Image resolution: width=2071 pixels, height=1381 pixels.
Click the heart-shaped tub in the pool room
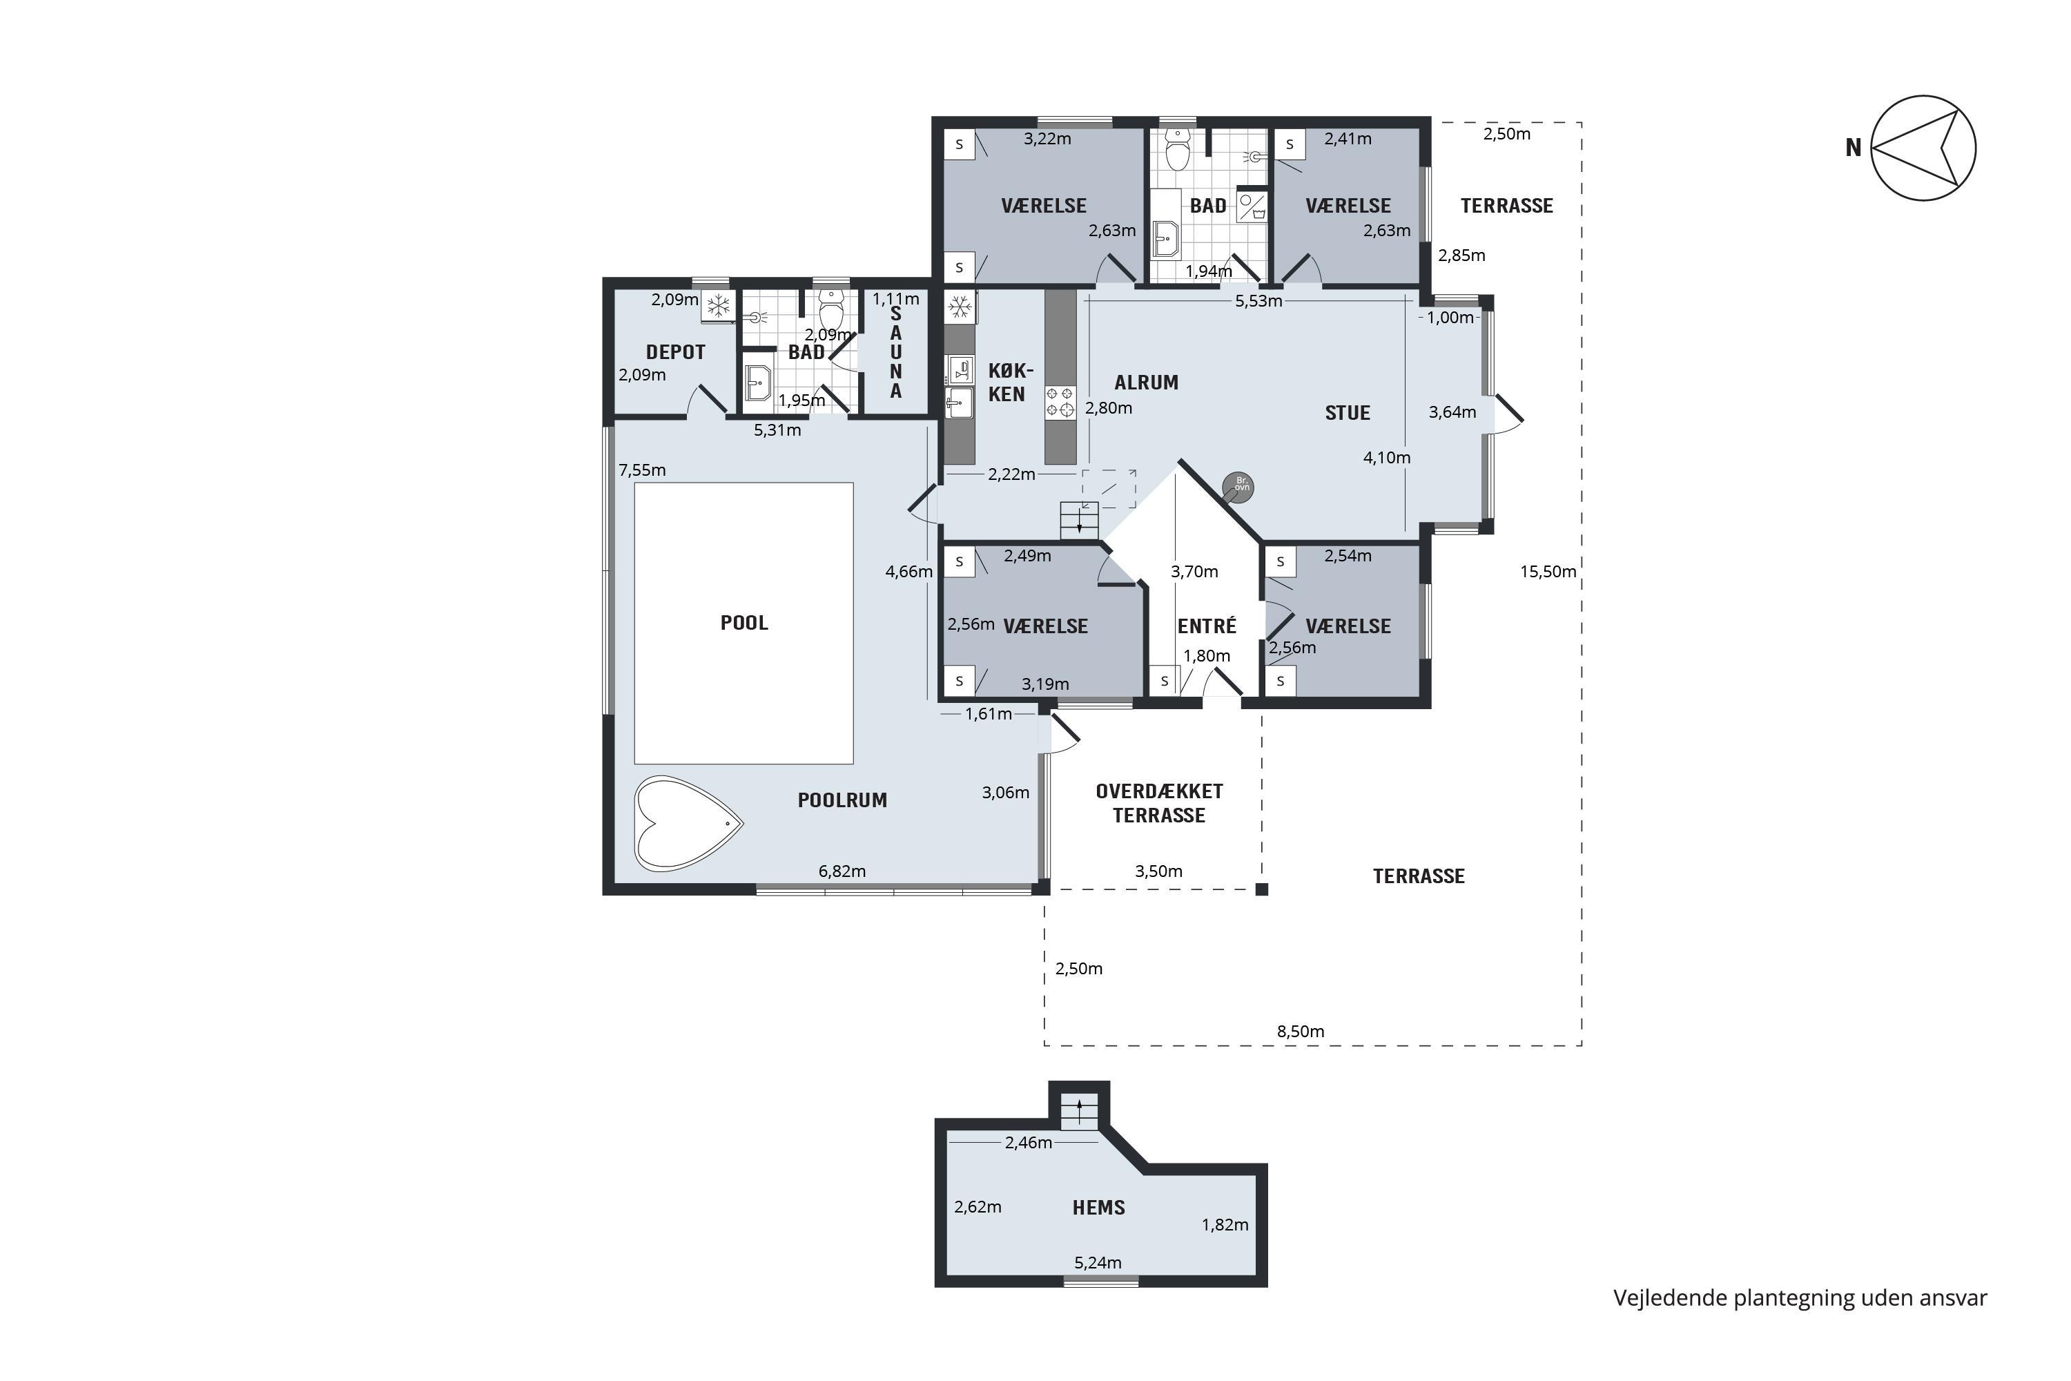pyautogui.click(x=688, y=824)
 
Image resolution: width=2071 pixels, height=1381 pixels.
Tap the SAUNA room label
pyautogui.click(x=895, y=353)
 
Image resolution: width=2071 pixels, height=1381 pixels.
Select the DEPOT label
pyautogui.click(x=675, y=352)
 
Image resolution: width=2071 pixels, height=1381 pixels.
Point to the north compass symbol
pyautogui.click(x=1923, y=148)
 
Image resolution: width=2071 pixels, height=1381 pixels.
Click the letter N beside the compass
pyautogui.click(x=1854, y=148)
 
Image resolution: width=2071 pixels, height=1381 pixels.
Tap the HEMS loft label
pyautogui.click(x=1098, y=1208)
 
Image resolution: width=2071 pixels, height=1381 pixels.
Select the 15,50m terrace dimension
pyautogui.click(x=1548, y=572)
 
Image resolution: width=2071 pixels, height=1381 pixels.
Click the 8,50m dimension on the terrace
pyautogui.click(x=1301, y=1032)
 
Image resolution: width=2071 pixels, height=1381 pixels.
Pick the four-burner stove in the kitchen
pyautogui.click(x=1060, y=403)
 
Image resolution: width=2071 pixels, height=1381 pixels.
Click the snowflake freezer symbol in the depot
pyautogui.click(x=719, y=307)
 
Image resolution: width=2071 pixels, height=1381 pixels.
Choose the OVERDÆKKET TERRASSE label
pyautogui.click(x=1159, y=803)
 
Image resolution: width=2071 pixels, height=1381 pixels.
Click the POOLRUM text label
pyautogui.click(x=842, y=800)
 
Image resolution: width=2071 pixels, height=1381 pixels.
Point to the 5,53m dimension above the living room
pyautogui.click(x=1258, y=301)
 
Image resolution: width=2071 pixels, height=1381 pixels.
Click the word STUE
pyautogui.click(x=1348, y=413)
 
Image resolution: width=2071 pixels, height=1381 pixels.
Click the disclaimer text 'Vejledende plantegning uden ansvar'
pyautogui.click(x=1800, y=1298)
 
